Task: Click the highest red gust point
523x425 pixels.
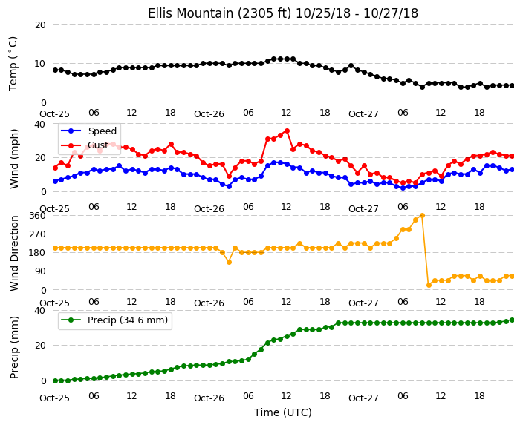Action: click(x=287, y=131)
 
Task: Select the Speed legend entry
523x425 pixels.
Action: click(x=89, y=131)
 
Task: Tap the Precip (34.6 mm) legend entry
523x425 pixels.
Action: click(x=114, y=320)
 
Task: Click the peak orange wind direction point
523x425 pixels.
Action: click(x=422, y=216)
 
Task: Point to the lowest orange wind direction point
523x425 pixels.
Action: click(x=429, y=285)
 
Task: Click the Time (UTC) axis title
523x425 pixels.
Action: click(x=283, y=412)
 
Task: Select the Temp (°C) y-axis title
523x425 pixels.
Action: click(x=13, y=64)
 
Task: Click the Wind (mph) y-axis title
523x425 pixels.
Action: click(x=14, y=159)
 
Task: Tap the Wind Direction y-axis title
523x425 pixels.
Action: click(x=14, y=253)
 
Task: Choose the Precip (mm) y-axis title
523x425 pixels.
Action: click(x=14, y=347)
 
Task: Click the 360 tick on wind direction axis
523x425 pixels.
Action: click(x=37, y=216)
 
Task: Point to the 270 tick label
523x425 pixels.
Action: click(x=37, y=234)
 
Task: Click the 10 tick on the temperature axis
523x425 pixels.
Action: click(x=40, y=64)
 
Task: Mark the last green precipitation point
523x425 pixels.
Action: click(x=513, y=320)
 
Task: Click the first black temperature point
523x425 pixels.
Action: click(x=56, y=70)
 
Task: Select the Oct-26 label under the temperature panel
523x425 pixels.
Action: click(x=209, y=114)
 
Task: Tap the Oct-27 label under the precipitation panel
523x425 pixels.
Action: click(x=363, y=398)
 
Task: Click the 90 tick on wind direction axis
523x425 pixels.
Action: click(x=40, y=271)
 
